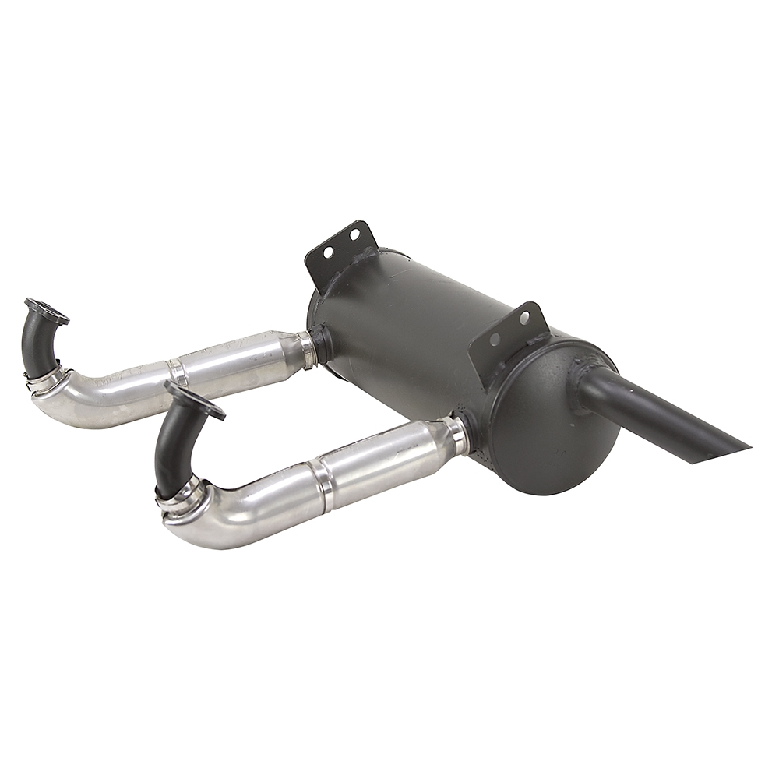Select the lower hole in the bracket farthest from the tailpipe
tap(328, 252)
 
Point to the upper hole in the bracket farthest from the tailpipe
tap(354, 234)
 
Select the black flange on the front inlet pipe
tap(194, 400)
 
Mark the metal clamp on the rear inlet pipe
tap(45, 379)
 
